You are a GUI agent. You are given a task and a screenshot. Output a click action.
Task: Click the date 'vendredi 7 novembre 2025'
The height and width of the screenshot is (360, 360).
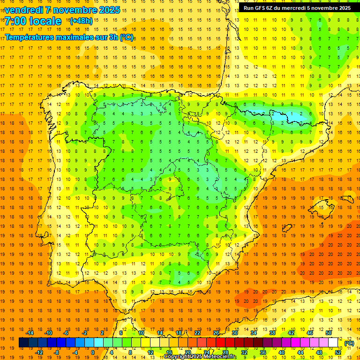(x=62, y=10)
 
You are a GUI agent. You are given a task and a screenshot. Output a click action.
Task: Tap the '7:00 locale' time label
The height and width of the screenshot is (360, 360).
(x=33, y=21)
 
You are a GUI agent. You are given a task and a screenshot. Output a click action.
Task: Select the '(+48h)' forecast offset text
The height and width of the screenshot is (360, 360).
(x=81, y=21)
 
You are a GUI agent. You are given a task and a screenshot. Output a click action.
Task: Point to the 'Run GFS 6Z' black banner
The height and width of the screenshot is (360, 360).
(x=297, y=8)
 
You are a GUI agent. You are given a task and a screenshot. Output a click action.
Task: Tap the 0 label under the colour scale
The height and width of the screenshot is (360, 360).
(x=93, y=352)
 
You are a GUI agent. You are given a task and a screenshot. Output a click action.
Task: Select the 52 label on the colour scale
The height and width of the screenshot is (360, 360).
(x=337, y=352)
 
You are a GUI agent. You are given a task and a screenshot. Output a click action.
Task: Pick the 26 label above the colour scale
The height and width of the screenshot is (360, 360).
(x=216, y=333)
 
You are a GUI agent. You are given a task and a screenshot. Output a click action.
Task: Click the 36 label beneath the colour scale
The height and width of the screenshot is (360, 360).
(x=262, y=352)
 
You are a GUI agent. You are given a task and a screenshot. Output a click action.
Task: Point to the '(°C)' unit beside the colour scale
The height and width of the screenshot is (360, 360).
(x=349, y=343)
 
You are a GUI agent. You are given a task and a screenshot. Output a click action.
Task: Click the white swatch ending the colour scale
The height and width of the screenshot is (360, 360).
(x=333, y=343)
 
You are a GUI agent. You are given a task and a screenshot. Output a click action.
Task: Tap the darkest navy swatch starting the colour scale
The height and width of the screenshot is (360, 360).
(x=23, y=343)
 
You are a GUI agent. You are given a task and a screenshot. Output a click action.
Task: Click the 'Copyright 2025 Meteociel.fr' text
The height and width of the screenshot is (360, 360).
(x=200, y=357)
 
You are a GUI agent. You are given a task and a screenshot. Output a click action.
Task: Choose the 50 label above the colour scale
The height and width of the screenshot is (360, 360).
(x=328, y=333)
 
